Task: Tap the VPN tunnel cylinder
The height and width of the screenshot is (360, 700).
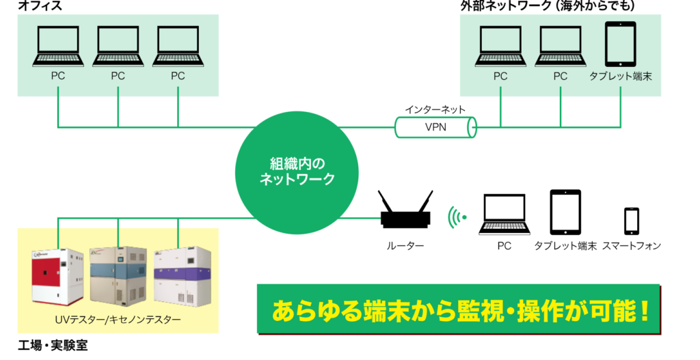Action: [435, 127]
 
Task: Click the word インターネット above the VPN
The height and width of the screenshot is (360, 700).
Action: [435, 109]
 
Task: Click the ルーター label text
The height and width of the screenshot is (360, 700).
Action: [405, 245]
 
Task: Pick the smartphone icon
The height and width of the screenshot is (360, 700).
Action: [631, 220]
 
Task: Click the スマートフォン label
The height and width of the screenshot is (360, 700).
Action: [631, 245]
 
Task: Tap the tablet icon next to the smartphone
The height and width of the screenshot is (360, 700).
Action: [565, 212]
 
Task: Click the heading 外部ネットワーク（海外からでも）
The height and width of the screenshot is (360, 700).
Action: [548, 6]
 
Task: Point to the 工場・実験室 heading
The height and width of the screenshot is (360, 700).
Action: [53, 346]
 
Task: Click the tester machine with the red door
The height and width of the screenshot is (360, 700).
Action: [57, 279]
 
